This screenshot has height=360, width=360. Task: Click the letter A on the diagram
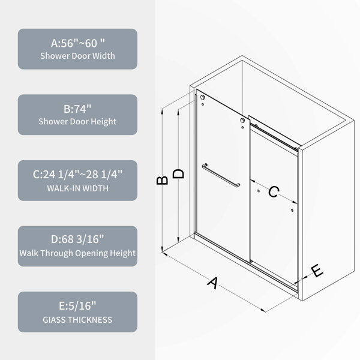[212, 283]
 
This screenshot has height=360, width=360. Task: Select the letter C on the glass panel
[274, 192]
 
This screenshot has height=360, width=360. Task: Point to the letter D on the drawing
[178, 173]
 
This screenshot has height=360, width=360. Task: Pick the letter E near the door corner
[317, 271]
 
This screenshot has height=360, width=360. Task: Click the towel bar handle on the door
[221, 175]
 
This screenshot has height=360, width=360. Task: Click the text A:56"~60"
[78, 43]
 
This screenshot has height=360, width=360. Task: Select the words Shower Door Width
[77, 56]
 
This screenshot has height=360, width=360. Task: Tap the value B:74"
[77, 109]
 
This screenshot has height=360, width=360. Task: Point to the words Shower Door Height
[77, 122]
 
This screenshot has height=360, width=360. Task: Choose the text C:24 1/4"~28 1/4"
[77, 175]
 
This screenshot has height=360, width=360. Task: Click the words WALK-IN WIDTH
[77, 188]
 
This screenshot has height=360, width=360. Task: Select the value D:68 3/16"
[77, 239]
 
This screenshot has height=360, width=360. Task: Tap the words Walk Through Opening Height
[77, 253]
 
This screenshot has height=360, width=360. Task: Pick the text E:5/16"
[77, 306]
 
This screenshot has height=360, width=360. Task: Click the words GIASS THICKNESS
[77, 320]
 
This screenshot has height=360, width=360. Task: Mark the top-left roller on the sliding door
[202, 98]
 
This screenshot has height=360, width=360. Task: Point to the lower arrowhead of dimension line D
[178, 241]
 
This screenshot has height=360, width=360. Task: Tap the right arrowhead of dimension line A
[265, 311]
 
